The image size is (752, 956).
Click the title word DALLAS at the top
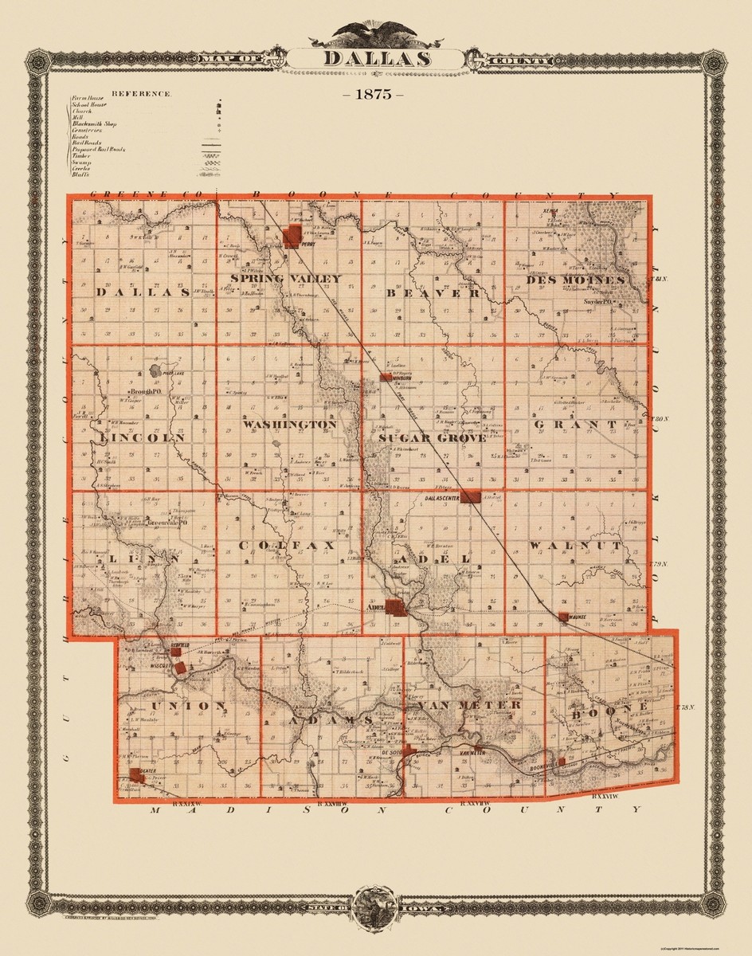point(378,59)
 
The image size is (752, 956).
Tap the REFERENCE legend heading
point(142,93)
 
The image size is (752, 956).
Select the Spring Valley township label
point(286,279)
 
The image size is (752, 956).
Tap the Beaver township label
point(433,293)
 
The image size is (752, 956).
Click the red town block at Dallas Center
point(471,496)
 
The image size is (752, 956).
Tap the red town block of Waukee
point(563,617)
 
